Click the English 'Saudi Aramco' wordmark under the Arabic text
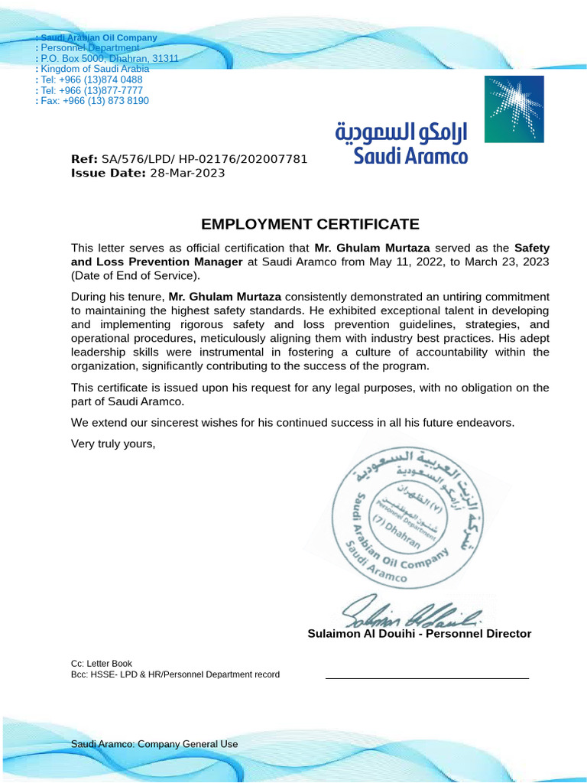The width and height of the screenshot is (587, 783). (410, 157)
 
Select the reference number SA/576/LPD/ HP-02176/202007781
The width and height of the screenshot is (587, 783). (204, 159)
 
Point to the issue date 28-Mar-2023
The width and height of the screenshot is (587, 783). (187, 173)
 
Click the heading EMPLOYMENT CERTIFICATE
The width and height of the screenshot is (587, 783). (310, 224)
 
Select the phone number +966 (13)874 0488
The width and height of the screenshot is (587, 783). (102, 80)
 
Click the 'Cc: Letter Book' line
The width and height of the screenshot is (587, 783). (102, 664)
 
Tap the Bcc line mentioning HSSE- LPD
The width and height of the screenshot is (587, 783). (175, 674)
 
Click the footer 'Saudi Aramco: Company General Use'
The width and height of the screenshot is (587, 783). (154, 744)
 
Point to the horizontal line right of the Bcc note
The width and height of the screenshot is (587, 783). (426, 678)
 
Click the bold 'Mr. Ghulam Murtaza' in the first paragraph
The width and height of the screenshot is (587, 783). (372, 249)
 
